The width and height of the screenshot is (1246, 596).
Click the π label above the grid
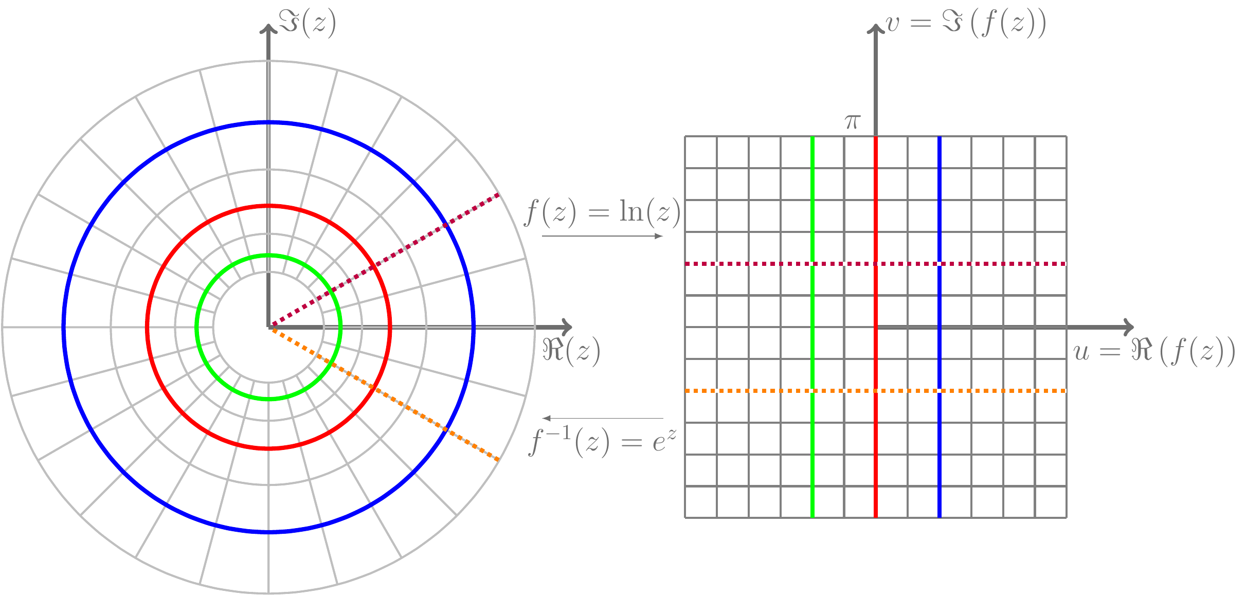pos(852,122)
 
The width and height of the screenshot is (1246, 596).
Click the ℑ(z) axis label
pos(307,23)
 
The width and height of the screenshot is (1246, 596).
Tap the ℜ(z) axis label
pos(571,351)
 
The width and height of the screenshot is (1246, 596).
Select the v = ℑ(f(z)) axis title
pos(966,24)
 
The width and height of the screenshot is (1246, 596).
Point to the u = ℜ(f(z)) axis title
pos(1154,352)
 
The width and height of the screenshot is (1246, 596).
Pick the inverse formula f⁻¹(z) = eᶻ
pos(603,441)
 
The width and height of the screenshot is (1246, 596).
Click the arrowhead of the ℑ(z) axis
pos(268,28)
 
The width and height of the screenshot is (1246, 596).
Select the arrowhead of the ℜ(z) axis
pos(568,327)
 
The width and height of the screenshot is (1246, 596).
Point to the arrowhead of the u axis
pos(1129,327)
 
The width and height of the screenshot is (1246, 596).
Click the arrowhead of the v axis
pos(876,28)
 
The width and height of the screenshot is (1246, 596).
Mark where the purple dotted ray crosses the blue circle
pos(446,224)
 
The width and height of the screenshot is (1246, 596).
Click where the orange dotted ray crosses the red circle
pos(374,388)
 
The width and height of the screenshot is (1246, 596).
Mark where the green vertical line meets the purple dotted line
pos(812,264)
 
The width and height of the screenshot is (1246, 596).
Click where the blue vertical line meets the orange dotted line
pos(940,391)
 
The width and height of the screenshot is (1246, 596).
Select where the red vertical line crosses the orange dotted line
pos(876,391)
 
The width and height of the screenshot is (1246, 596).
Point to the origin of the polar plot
pos(268,327)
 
